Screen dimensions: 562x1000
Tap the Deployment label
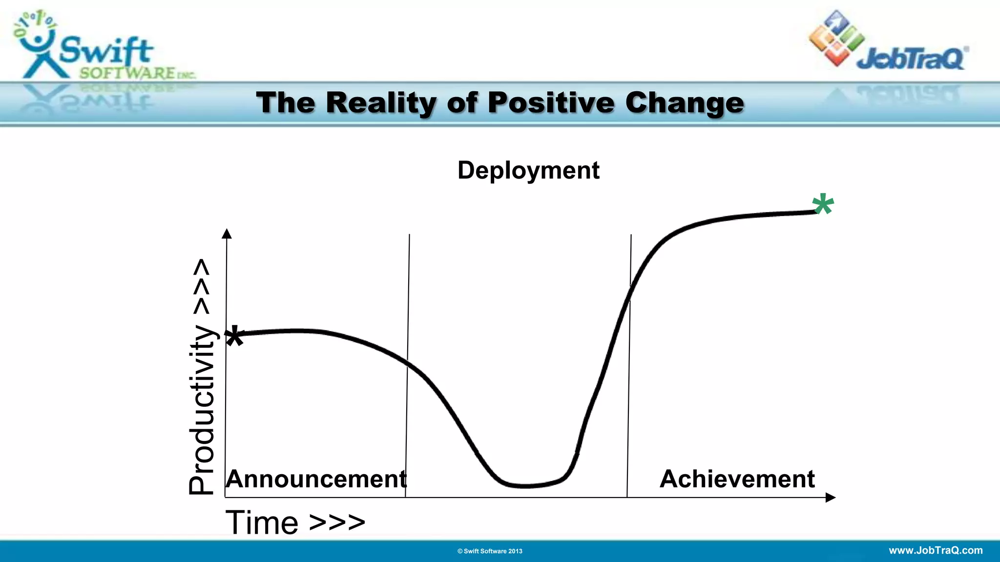528,170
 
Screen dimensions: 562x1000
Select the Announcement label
316,479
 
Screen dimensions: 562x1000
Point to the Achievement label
737,479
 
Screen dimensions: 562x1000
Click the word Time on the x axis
262,522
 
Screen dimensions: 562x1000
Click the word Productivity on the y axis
202,410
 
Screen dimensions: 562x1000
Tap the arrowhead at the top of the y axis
227,234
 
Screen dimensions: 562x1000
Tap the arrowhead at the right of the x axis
830,498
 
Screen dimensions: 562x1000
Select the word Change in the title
685,103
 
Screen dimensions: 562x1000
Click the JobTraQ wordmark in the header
911,59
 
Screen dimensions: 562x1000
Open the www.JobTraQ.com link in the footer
936,550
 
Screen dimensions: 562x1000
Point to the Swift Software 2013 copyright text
490,551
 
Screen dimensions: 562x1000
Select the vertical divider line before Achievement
629,366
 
